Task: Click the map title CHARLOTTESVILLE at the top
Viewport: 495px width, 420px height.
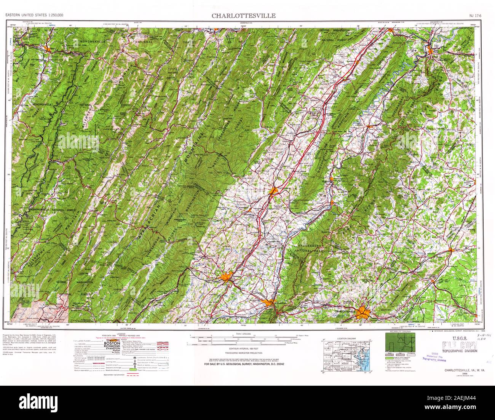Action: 244,16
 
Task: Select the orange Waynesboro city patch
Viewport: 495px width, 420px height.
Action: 268,302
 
